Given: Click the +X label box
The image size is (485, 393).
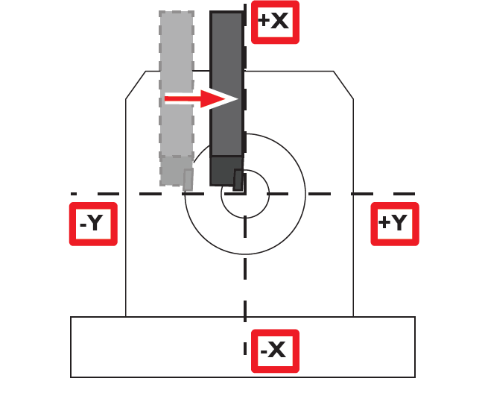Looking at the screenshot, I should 274,22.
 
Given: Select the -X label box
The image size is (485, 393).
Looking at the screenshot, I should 275,350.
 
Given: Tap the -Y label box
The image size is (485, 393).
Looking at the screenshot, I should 93,223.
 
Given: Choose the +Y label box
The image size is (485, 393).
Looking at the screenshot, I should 394,223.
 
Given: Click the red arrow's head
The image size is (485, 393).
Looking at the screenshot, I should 224,98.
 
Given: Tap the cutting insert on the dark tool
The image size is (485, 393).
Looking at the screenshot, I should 238,180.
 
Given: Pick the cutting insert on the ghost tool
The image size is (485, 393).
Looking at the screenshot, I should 188,179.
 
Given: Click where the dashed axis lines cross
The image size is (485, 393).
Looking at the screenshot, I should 245,194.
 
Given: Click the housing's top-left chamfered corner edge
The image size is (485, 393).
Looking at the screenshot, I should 136,85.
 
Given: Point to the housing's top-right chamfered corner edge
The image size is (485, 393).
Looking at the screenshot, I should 343,85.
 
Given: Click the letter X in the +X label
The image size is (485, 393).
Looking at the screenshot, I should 280,22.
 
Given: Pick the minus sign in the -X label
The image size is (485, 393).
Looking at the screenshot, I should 264,350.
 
